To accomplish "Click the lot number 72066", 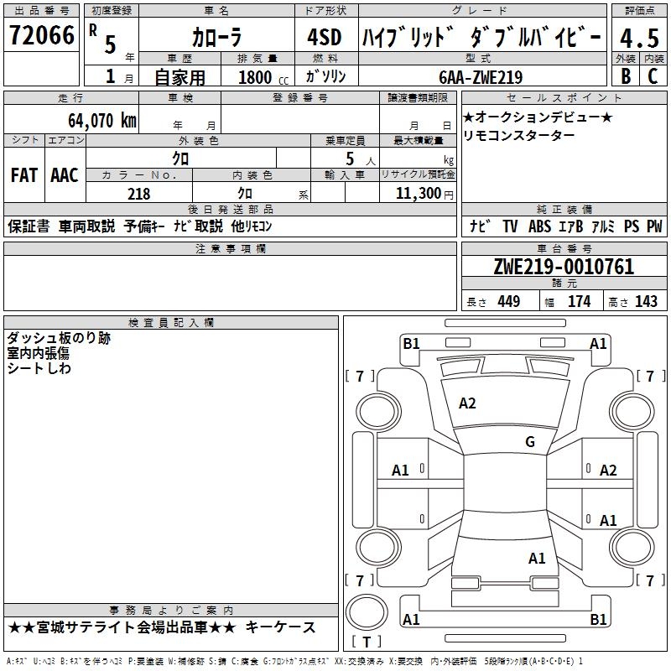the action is tap(41, 36).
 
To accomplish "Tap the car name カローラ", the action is tap(216, 38).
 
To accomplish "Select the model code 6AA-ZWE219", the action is tap(481, 77).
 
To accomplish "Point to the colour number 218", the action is tap(139, 194).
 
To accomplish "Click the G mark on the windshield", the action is tap(529, 442).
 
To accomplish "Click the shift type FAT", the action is tap(24, 175).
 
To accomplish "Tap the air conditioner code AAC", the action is tap(65, 175).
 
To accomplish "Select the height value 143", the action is tap(646, 302).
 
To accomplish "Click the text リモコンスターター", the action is tap(518, 136).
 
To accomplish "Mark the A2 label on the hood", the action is tap(467, 403).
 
